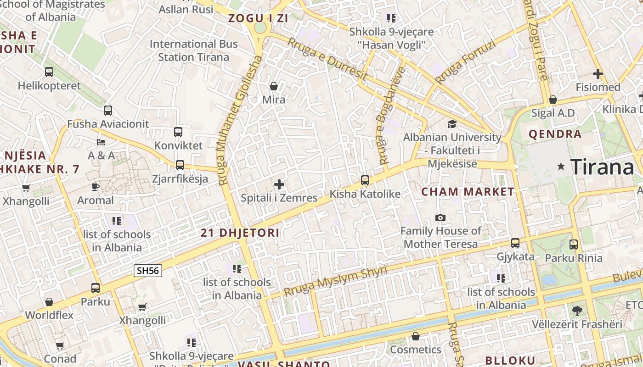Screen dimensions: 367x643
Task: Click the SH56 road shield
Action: (x=148, y=271)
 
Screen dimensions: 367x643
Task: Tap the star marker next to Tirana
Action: (x=561, y=167)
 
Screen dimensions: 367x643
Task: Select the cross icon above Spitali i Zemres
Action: (x=279, y=184)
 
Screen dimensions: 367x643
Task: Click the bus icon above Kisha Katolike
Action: (x=365, y=180)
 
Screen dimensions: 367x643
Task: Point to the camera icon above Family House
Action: (x=440, y=217)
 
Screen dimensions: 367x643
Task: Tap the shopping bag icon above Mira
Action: (x=274, y=86)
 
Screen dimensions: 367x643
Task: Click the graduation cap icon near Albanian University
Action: (x=452, y=124)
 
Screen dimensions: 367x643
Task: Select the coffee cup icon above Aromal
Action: (x=95, y=187)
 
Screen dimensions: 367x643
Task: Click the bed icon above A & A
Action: (x=101, y=142)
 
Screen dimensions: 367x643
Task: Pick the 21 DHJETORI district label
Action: (x=240, y=233)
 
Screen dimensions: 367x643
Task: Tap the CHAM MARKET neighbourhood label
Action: (x=468, y=192)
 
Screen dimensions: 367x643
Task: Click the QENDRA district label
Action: (x=555, y=134)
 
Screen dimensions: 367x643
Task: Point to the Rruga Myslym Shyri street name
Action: (x=335, y=280)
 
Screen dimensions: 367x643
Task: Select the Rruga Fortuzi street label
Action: (x=465, y=62)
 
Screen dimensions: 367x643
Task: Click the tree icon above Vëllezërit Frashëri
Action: (x=577, y=311)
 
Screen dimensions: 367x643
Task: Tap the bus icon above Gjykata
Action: (x=515, y=243)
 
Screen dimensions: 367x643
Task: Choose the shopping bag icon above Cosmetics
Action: (x=416, y=336)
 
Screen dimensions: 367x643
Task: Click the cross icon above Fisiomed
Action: (x=598, y=73)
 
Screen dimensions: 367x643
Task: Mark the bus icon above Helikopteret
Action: (x=49, y=72)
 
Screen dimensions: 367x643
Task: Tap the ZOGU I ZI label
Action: (x=258, y=18)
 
